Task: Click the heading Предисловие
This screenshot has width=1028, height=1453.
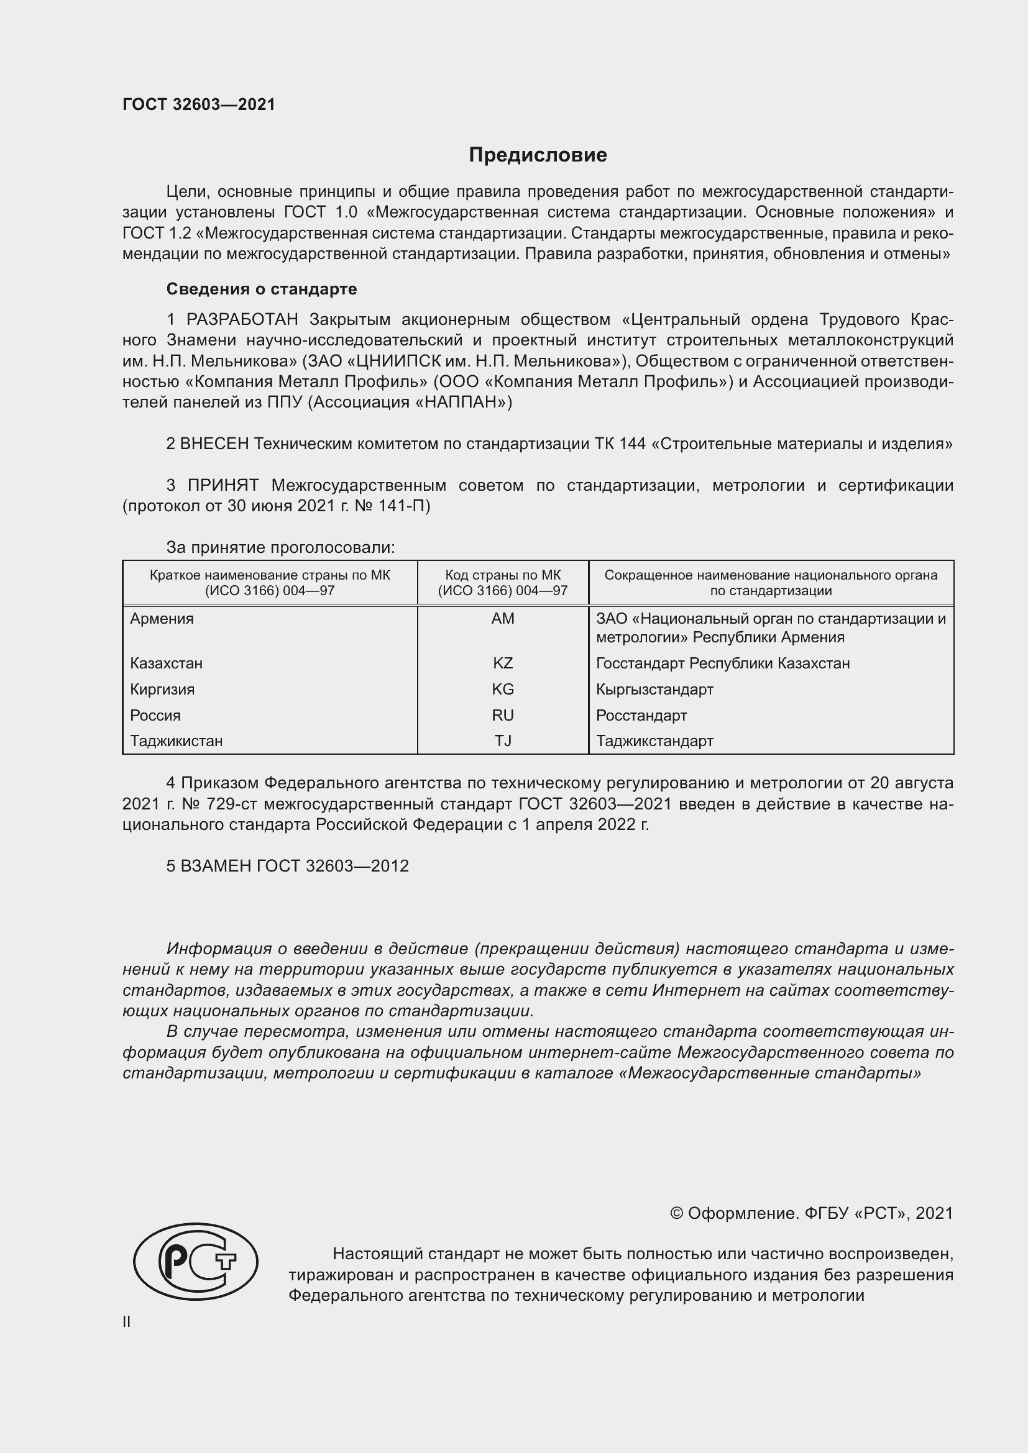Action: tap(538, 155)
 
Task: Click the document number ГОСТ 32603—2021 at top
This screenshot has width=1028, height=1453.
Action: tap(199, 104)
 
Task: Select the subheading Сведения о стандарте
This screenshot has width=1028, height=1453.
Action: tap(262, 289)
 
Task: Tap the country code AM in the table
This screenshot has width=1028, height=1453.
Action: tap(503, 619)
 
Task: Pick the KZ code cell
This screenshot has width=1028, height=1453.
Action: tap(503, 663)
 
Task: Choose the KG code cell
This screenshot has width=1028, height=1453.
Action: tap(503, 689)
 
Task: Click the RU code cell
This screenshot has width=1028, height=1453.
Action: tap(503, 715)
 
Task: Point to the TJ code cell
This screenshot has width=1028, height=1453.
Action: tap(503, 740)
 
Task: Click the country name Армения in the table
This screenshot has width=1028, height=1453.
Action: tap(162, 619)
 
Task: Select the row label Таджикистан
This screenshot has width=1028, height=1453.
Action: tap(176, 740)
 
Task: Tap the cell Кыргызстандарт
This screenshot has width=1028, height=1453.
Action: tap(654, 689)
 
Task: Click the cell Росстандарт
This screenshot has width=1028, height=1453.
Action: tap(641, 715)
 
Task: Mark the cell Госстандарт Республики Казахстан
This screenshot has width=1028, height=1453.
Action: tap(722, 663)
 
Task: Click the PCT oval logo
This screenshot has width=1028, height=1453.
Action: tap(196, 1261)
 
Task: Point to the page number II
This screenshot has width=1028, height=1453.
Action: tap(127, 1321)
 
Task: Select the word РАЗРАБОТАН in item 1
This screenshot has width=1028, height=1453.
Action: tap(242, 319)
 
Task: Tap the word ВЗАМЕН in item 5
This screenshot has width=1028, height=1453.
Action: tap(215, 866)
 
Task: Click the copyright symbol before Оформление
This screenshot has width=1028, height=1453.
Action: tap(676, 1213)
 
